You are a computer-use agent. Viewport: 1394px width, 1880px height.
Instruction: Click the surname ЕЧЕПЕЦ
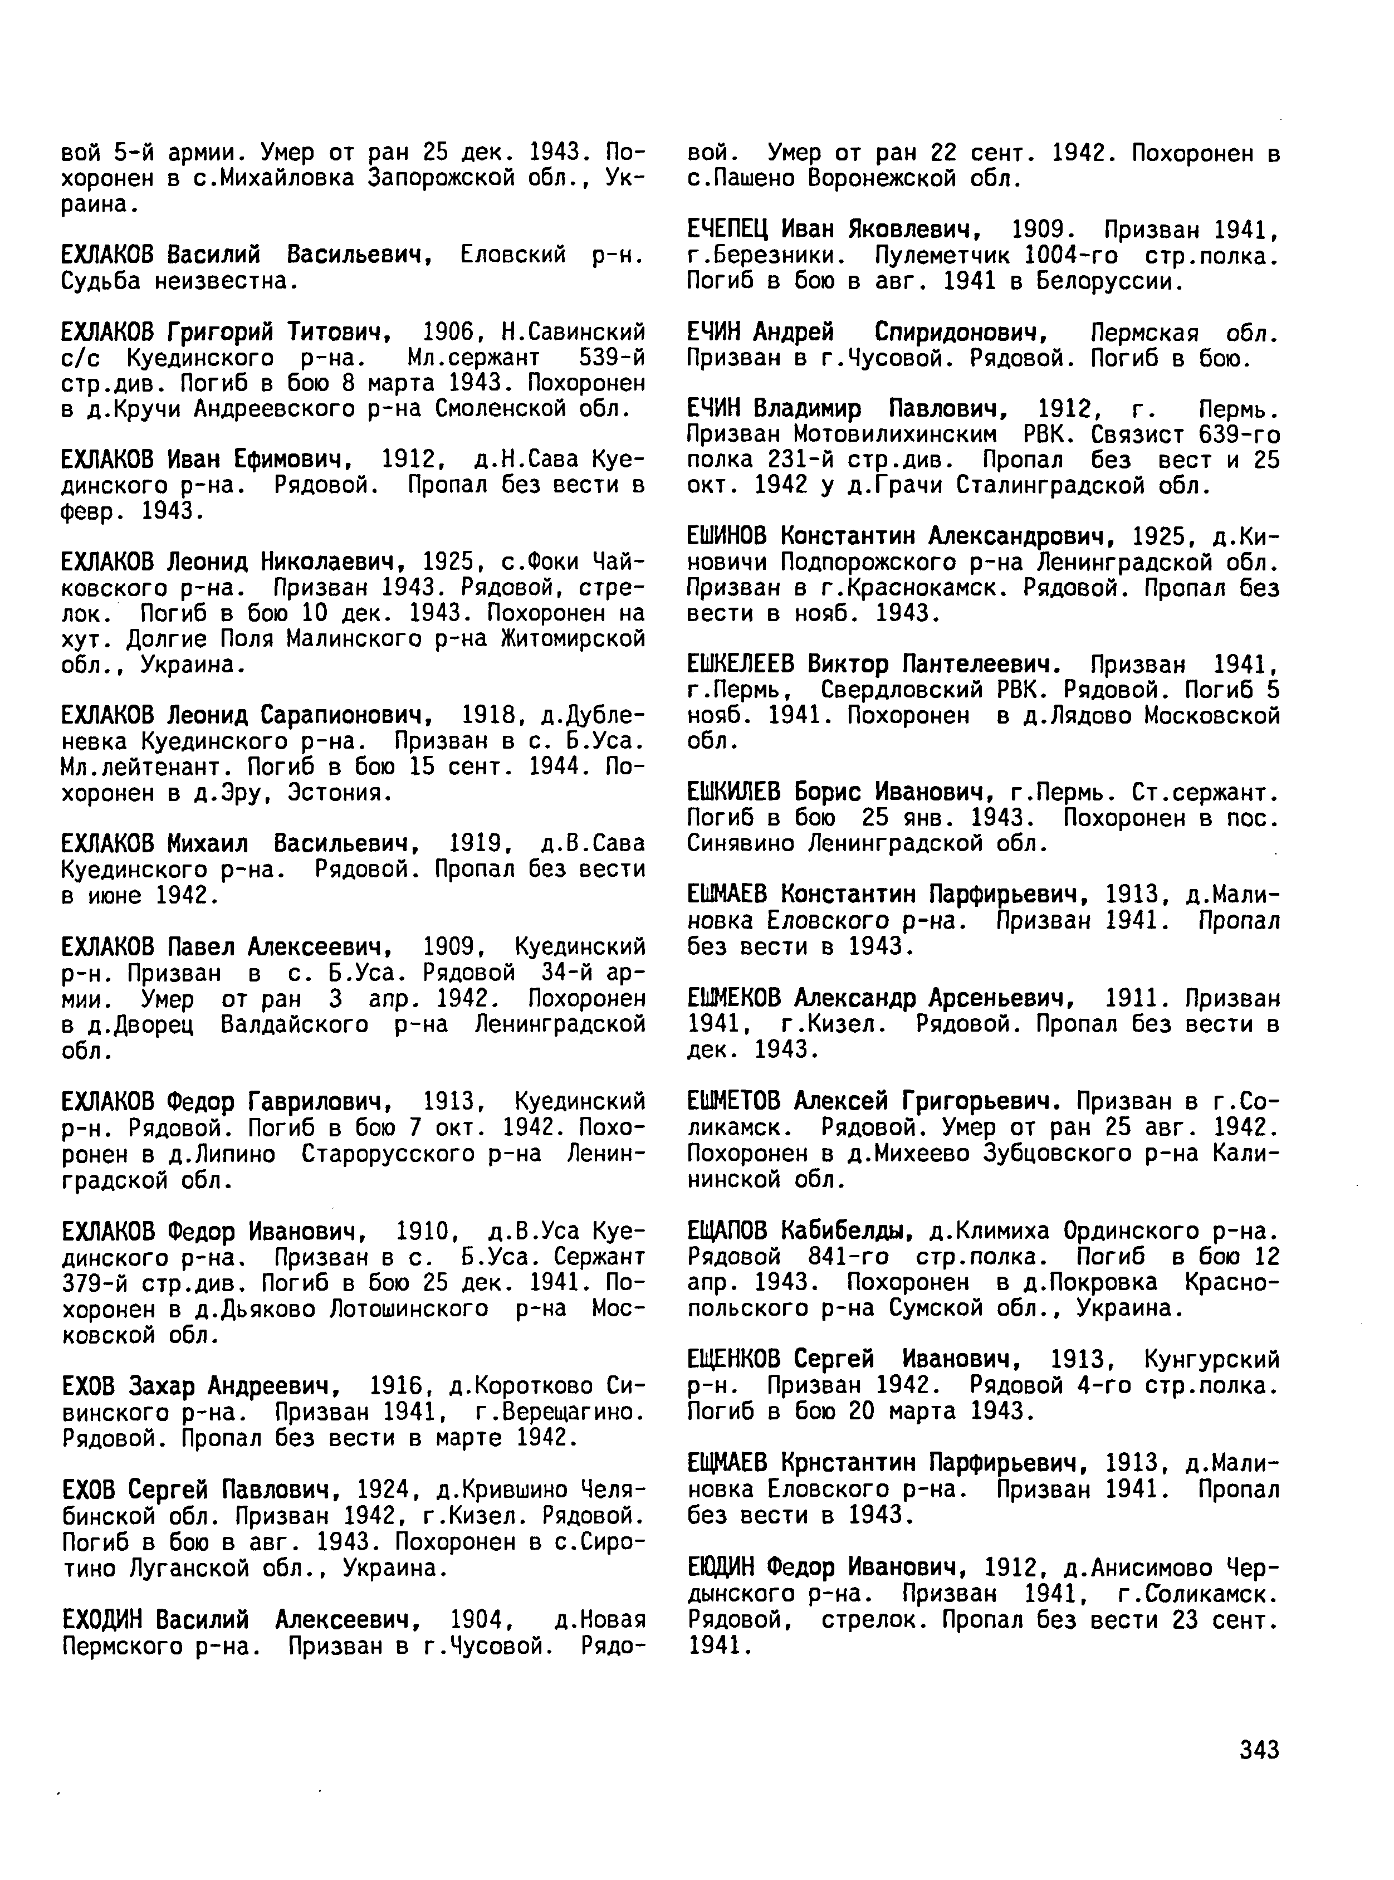[727, 229]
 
